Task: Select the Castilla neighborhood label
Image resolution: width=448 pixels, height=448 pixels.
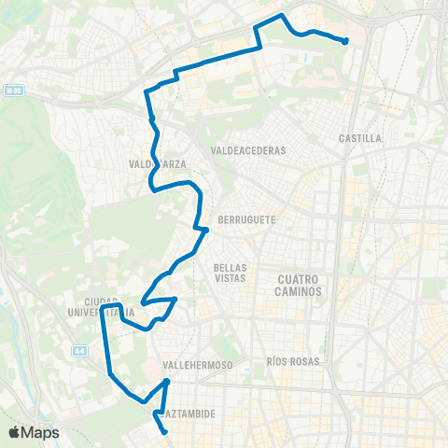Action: tap(360, 138)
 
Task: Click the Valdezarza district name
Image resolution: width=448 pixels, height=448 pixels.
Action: tap(157, 164)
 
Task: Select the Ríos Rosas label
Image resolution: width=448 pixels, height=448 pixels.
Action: tap(293, 361)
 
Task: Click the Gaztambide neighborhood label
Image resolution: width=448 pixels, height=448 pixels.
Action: tap(190, 412)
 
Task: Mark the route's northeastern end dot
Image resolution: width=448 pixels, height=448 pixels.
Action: tap(345, 40)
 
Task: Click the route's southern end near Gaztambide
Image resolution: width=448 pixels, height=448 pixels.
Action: tap(165, 431)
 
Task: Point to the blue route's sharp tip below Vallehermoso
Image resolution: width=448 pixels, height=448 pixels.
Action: tap(166, 381)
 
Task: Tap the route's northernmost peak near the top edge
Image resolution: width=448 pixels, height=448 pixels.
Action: tap(282, 16)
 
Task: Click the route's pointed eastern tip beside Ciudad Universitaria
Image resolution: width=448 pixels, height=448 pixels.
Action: tap(176, 299)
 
